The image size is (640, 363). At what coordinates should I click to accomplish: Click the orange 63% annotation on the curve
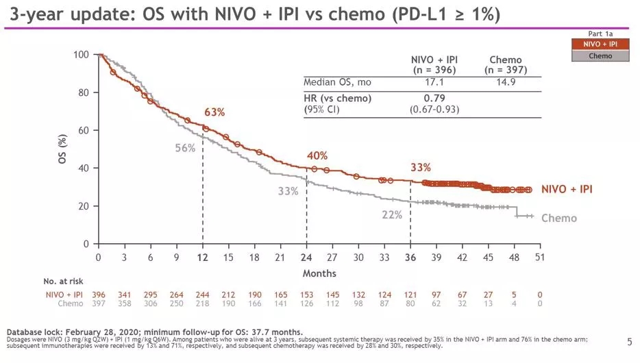coord(214,112)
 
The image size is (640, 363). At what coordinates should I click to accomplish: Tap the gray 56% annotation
coord(185,148)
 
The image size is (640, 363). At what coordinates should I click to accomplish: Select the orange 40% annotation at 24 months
coord(317,156)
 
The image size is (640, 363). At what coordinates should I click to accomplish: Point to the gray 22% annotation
coord(392,215)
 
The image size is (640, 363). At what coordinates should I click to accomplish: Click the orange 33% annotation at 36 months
coord(421,167)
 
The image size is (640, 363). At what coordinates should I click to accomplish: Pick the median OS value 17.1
coord(434,83)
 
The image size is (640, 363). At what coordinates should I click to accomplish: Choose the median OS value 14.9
coord(506,83)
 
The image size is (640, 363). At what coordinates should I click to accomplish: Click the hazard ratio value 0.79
coord(434,98)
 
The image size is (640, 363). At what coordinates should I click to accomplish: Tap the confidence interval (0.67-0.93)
coord(434,109)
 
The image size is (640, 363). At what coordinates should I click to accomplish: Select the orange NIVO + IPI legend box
coord(600,45)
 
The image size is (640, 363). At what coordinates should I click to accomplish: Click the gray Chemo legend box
coord(600,55)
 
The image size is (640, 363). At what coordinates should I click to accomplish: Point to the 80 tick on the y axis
coord(86,92)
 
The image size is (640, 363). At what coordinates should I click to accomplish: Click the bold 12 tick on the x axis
coord(203,258)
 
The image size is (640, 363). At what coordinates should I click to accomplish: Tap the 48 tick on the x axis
coord(514,258)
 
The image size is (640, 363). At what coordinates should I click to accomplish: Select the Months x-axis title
coord(319,274)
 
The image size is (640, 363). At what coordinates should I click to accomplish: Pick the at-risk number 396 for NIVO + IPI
coord(99,295)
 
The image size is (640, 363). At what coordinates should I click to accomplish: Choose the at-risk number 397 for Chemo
coord(99,303)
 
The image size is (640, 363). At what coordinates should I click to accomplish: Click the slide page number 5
coord(630,341)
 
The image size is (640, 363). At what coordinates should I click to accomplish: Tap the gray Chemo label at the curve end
coord(559,218)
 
